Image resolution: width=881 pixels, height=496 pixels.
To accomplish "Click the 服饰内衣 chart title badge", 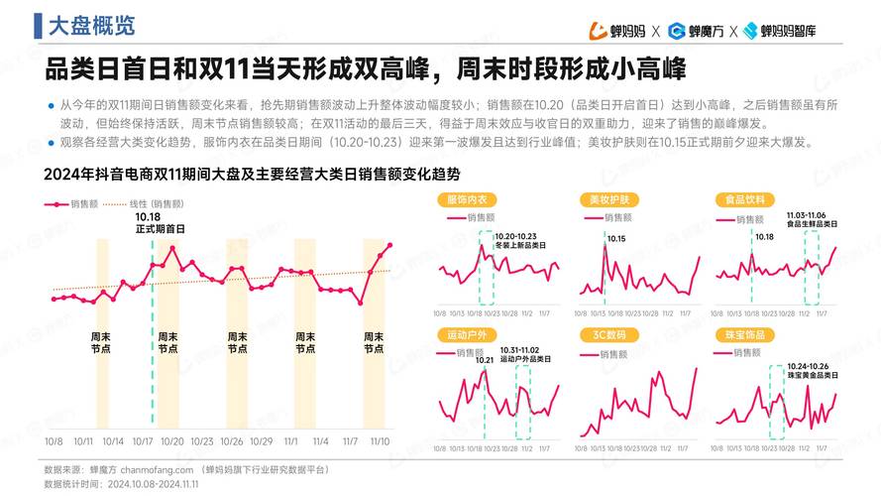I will tap(467, 199).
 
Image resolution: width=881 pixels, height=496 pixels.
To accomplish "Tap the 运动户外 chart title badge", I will tap(467, 335).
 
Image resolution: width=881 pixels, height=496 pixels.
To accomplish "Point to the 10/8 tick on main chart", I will tap(54, 441).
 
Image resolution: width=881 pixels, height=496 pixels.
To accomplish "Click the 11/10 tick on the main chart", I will tap(380, 441).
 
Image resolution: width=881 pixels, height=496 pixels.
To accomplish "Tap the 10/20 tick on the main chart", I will tap(172, 441).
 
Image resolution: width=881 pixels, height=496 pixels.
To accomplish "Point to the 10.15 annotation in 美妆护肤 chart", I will tap(615, 239).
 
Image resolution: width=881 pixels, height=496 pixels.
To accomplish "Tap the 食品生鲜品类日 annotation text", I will tap(813, 224).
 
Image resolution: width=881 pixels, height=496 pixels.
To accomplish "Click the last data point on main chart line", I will tap(390, 245).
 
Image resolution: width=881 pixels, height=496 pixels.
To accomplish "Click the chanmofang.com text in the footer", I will tap(158, 468).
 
